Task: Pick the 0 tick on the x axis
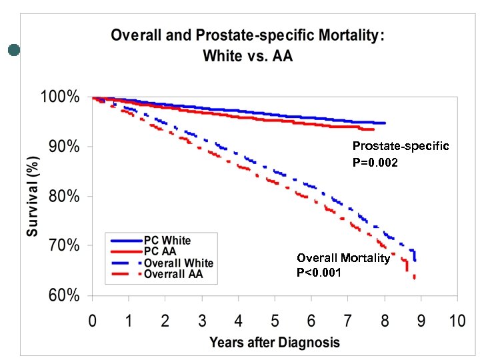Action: tap(93, 321)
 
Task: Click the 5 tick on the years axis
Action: tap(275, 321)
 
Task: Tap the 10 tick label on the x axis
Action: tap(457, 321)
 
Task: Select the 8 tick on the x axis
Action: tap(384, 321)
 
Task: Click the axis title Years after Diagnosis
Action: tap(274, 343)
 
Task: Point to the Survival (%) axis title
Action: tap(32, 196)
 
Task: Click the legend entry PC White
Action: tap(167, 241)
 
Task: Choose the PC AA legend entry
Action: tap(161, 251)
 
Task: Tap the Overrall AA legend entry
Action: tap(173, 273)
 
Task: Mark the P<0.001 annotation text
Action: tap(319, 271)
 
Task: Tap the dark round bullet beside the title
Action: tap(14, 49)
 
